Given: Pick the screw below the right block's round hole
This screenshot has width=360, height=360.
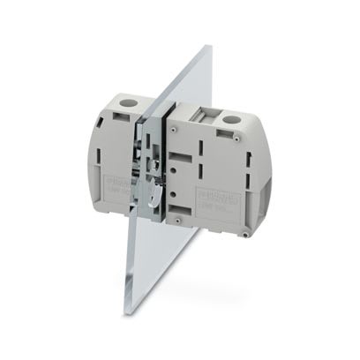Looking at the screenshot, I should point(238,138).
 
